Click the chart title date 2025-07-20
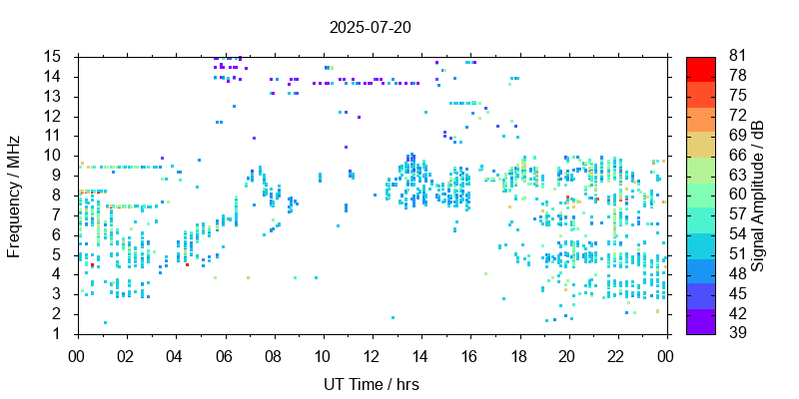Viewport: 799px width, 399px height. click(370, 27)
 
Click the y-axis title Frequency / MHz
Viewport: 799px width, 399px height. click(14, 196)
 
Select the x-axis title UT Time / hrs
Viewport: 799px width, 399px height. click(371, 384)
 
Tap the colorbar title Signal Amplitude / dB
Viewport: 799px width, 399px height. click(758, 196)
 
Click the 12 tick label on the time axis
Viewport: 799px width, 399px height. click(371, 354)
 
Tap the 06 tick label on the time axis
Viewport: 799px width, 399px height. click(224, 354)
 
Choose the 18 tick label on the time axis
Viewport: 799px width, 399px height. click(517, 354)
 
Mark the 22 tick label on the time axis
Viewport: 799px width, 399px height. click(615, 354)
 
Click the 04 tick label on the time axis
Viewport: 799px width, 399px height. click(175, 354)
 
